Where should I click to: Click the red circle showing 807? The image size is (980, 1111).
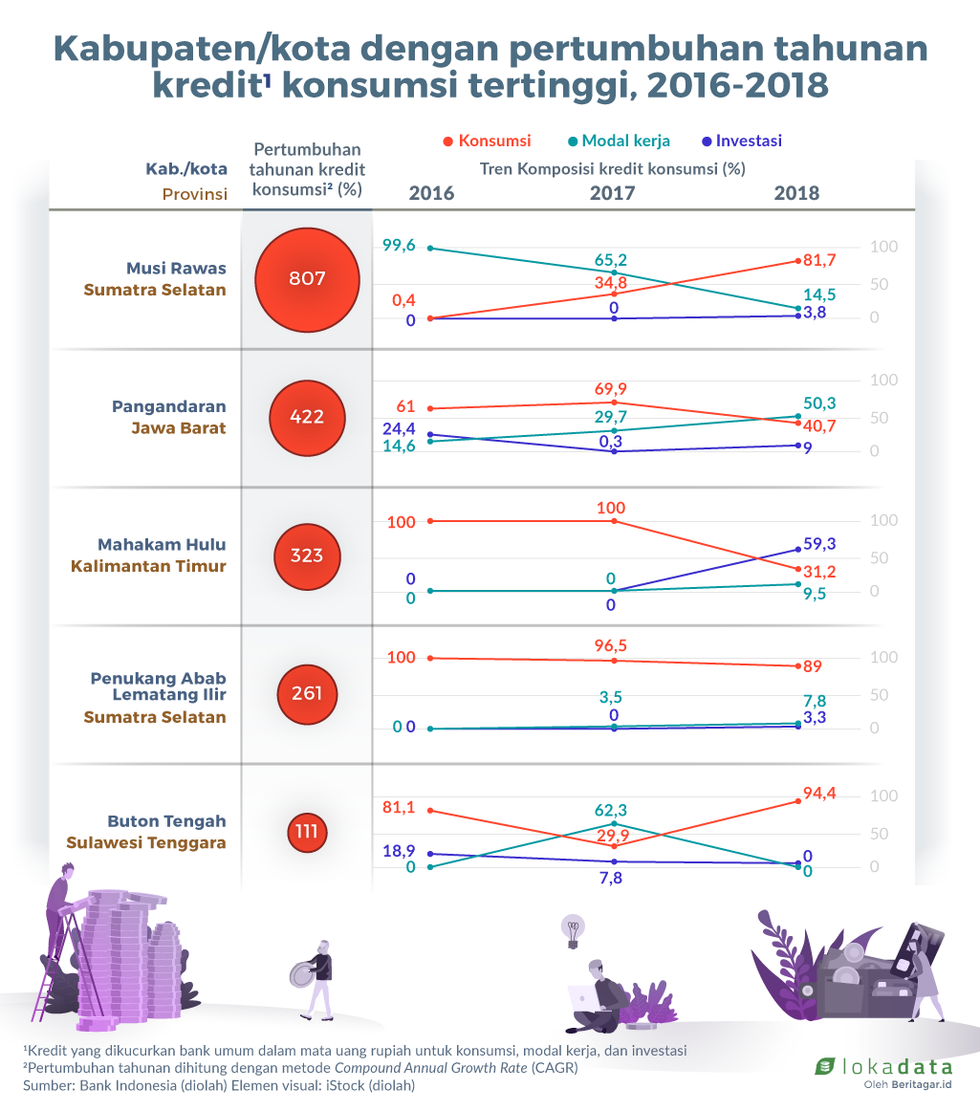coord(307,279)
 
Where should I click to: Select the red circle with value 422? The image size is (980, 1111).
coord(307,417)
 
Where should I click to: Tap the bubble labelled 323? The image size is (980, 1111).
coord(307,555)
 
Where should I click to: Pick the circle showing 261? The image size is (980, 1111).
coord(307,693)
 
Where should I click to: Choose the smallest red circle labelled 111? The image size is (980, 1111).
coord(307,832)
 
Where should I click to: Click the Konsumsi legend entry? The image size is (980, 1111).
coord(486,141)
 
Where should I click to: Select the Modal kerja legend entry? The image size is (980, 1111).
coord(619,141)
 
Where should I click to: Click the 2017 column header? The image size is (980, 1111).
coord(612,193)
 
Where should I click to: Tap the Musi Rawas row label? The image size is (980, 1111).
coord(176,268)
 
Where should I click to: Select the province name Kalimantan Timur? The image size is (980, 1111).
coord(148,566)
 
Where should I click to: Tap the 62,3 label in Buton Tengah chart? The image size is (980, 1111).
coord(614,810)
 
